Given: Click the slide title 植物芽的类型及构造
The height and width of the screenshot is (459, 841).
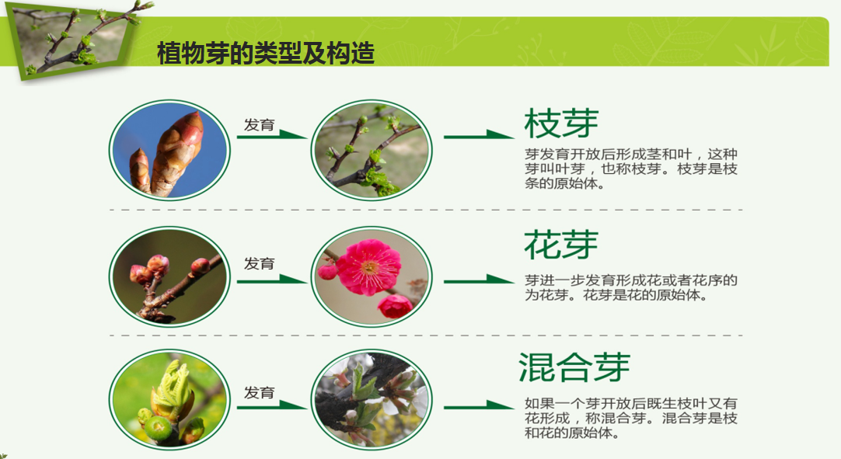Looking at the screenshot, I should pos(266,54).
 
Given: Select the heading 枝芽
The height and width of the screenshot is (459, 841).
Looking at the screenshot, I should pos(561,123).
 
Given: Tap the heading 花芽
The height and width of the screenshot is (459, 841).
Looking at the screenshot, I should pos(561,245).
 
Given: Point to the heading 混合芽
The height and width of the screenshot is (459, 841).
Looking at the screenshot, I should pos(574,367).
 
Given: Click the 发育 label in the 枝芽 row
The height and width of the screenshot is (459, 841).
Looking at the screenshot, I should pos(259,125).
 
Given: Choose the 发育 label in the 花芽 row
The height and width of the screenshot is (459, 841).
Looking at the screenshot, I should pos(259,264).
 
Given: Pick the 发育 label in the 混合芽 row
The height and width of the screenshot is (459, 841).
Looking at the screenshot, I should pos(259,393).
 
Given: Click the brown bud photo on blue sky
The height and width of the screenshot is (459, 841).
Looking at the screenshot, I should pos(169,151).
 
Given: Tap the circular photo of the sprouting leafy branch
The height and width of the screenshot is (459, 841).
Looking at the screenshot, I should pos(370,151).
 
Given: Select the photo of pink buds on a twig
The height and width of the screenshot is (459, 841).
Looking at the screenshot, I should pos(169,278).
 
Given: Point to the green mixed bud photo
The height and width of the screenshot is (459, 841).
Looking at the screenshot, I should pos(169,399).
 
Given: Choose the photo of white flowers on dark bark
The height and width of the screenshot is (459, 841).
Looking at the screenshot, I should pos(370,399).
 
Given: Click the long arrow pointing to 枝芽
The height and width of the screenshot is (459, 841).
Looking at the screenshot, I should pos(479,136).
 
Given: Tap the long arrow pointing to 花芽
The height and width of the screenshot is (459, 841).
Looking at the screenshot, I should pos(479,280).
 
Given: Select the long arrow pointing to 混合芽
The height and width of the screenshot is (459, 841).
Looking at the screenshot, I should pos(479,405).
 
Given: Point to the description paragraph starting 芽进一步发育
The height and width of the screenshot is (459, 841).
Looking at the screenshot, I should pos(631,287).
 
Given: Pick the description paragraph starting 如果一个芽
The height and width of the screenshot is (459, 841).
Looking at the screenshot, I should pos(631,419).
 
